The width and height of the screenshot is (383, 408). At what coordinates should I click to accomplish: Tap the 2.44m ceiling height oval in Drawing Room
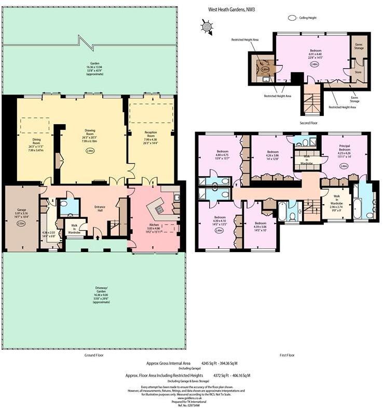90,151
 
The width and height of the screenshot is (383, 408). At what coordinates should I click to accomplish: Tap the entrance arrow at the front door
98,238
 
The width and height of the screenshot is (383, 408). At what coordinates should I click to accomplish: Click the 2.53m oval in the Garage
21,223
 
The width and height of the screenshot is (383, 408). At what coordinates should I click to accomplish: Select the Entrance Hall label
101,207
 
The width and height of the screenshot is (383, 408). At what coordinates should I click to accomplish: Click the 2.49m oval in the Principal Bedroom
343,166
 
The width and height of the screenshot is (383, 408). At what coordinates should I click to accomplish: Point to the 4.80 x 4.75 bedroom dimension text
223,155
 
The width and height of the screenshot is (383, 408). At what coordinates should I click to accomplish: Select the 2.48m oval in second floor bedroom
314,64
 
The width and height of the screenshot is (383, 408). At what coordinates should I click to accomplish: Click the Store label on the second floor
358,72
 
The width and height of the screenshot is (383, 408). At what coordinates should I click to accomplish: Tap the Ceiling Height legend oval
291,18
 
